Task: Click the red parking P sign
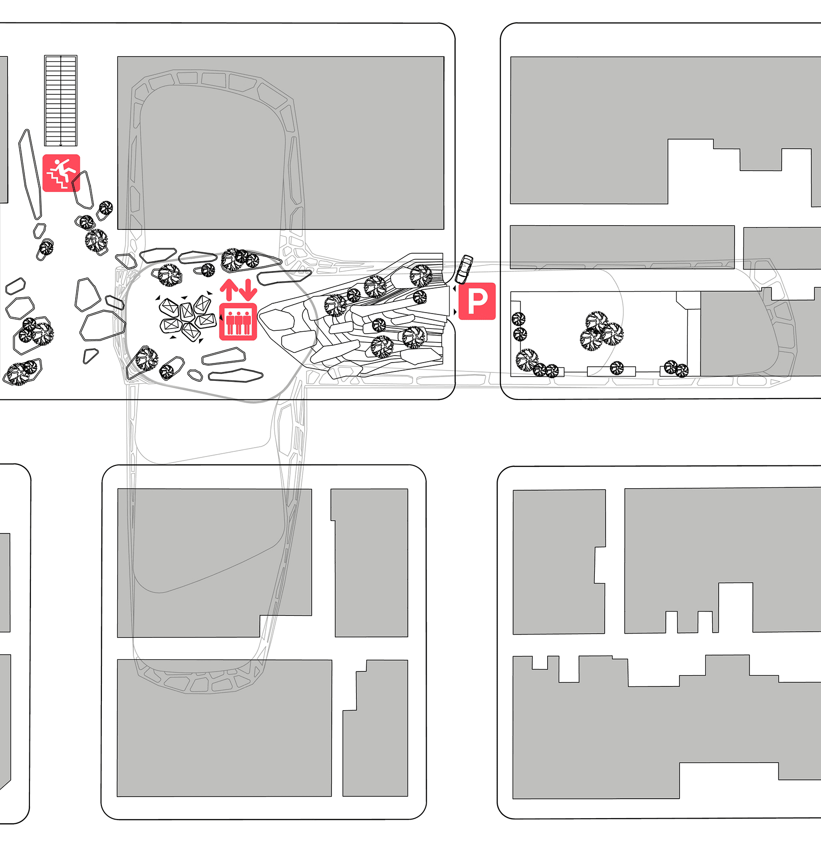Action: (x=477, y=301)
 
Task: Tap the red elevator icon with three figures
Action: (x=238, y=322)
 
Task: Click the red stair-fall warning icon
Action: (x=61, y=173)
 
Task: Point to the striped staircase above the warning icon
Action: (x=61, y=100)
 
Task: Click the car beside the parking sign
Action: (x=464, y=269)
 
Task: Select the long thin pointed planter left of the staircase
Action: (x=30, y=174)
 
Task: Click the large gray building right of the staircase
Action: (x=280, y=143)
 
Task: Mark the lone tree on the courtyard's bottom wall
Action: (x=617, y=368)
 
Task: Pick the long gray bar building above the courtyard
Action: (x=622, y=247)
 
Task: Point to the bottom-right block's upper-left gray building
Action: (x=559, y=562)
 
